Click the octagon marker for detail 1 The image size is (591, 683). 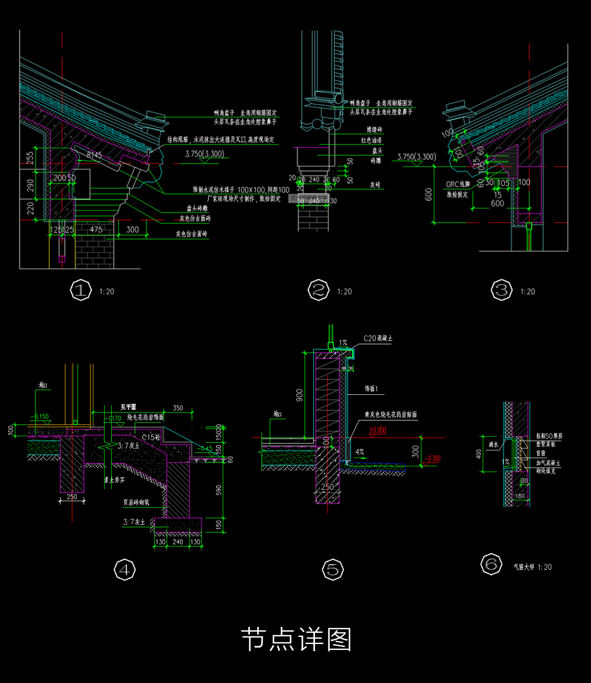80,290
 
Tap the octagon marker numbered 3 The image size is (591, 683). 502,290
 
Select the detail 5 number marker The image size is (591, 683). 333,570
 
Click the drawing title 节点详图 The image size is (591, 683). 296,639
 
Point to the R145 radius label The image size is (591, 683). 95,155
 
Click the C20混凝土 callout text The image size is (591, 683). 379,338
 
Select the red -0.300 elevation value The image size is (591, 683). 432,458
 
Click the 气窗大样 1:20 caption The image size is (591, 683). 532,567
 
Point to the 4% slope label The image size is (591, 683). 360,452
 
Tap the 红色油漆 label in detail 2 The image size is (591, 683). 372,141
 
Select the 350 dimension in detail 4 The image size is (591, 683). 177,408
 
